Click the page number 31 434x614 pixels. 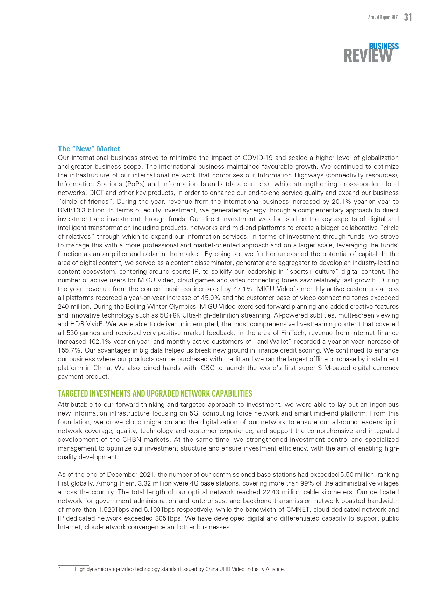click(408, 17)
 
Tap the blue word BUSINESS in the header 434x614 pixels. click(384, 46)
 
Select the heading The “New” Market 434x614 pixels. click(89, 148)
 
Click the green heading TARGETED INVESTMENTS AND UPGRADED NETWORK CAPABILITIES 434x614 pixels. click(155, 393)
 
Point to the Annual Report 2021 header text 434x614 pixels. click(383, 17)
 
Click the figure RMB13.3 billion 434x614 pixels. click(81, 210)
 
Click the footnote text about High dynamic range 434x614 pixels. click(180, 569)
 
